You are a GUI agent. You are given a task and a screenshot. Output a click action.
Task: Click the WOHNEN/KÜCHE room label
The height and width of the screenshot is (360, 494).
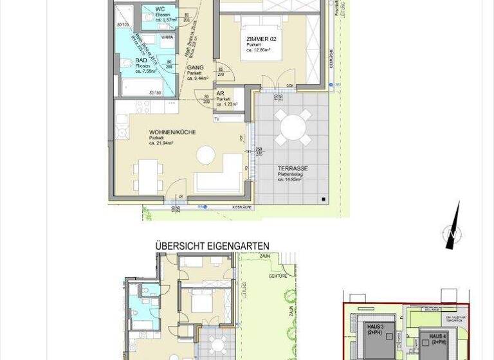point(172,132)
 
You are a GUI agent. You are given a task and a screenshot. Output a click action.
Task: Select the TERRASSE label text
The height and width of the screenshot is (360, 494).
point(293,168)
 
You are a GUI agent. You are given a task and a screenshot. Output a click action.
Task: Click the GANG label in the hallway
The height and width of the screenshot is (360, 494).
point(196,67)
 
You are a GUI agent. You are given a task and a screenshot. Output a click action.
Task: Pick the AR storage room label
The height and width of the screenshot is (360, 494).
point(220,93)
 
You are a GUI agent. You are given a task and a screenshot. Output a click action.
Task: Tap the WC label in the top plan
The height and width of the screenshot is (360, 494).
point(160,8)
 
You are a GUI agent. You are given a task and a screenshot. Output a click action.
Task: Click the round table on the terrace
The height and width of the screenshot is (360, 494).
point(293,127)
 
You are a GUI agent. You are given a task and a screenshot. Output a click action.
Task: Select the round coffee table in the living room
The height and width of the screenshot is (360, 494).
point(206,155)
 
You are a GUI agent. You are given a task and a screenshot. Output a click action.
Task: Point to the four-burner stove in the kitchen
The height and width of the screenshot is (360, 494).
point(122,132)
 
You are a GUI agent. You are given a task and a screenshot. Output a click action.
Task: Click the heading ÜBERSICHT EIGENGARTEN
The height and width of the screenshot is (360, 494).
point(212,246)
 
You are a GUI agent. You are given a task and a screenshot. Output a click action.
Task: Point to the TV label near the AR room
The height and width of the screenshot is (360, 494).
point(217,119)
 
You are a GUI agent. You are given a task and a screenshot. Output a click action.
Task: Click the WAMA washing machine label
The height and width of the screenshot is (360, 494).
point(166,38)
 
